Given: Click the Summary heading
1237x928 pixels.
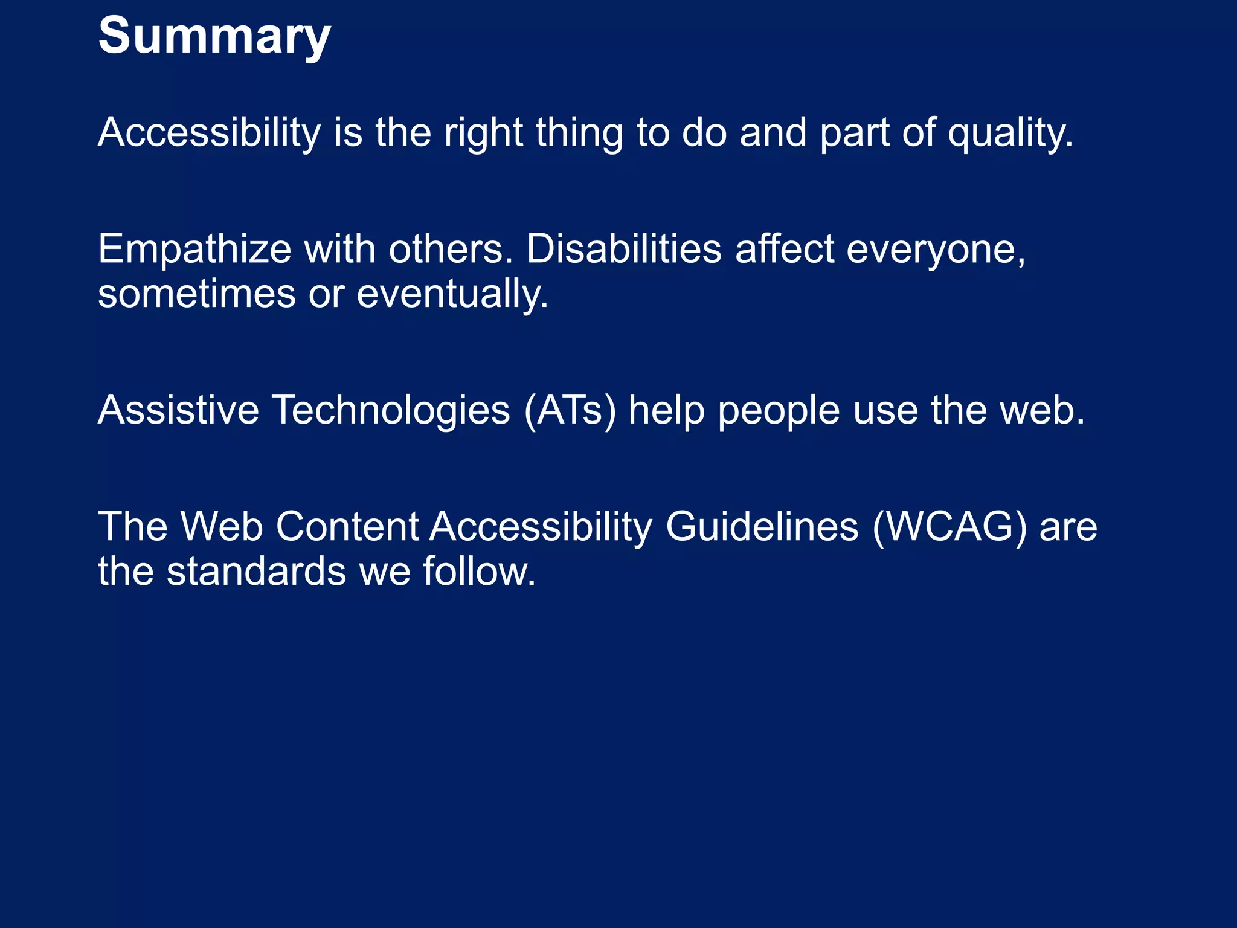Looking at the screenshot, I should tap(214, 36).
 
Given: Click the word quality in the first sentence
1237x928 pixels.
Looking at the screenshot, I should tap(1010, 133).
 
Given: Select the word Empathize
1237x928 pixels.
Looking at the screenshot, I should tap(194, 249).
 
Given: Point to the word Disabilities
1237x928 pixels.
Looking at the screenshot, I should tap(624, 249).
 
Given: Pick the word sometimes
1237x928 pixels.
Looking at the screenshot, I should tap(197, 294).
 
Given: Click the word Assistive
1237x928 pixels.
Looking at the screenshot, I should tap(178, 410).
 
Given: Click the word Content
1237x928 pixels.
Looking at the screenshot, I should tap(347, 527).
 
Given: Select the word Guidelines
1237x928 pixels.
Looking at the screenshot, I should tap(762, 527).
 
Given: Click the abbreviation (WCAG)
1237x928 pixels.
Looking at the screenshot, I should tap(949, 527).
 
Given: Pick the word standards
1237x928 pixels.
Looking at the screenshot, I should tap(256, 572).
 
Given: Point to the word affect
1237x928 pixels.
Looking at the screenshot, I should tap(785, 249).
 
